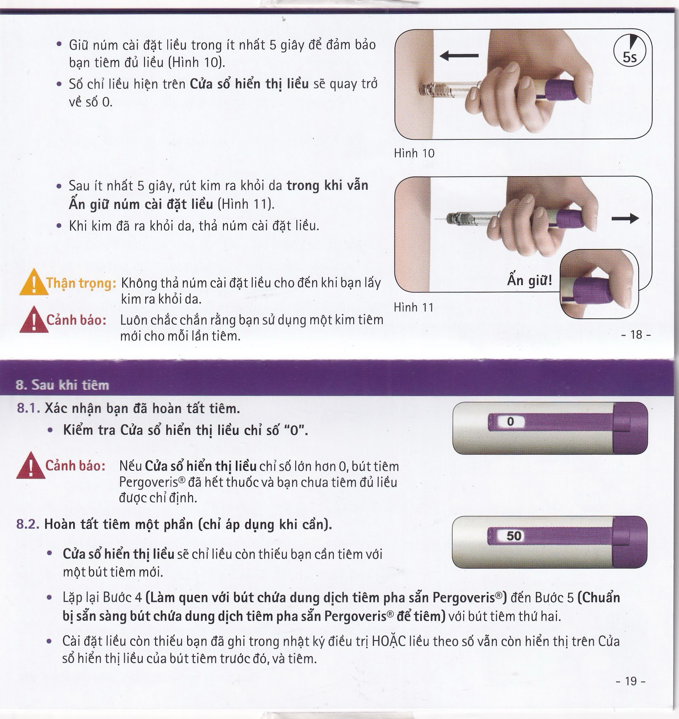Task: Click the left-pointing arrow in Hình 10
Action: [x=459, y=56]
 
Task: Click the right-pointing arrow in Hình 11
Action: [x=625, y=218]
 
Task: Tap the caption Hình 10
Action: [x=414, y=153]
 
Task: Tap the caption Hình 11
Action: [x=413, y=307]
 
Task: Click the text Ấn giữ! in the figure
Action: [x=529, y=280]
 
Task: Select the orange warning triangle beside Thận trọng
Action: [x=33, y=282]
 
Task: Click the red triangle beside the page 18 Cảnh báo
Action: [x=34, y=320]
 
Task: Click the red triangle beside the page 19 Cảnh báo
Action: [x=31, y=466]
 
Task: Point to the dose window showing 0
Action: [x=510, y=422]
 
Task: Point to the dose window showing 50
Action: [x=514, y=536]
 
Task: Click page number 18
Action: [x=636, y=335]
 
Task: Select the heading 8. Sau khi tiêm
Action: [x=62, y=385]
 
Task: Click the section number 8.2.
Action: [x=28, y=524]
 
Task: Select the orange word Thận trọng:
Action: [x=81, y=283]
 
